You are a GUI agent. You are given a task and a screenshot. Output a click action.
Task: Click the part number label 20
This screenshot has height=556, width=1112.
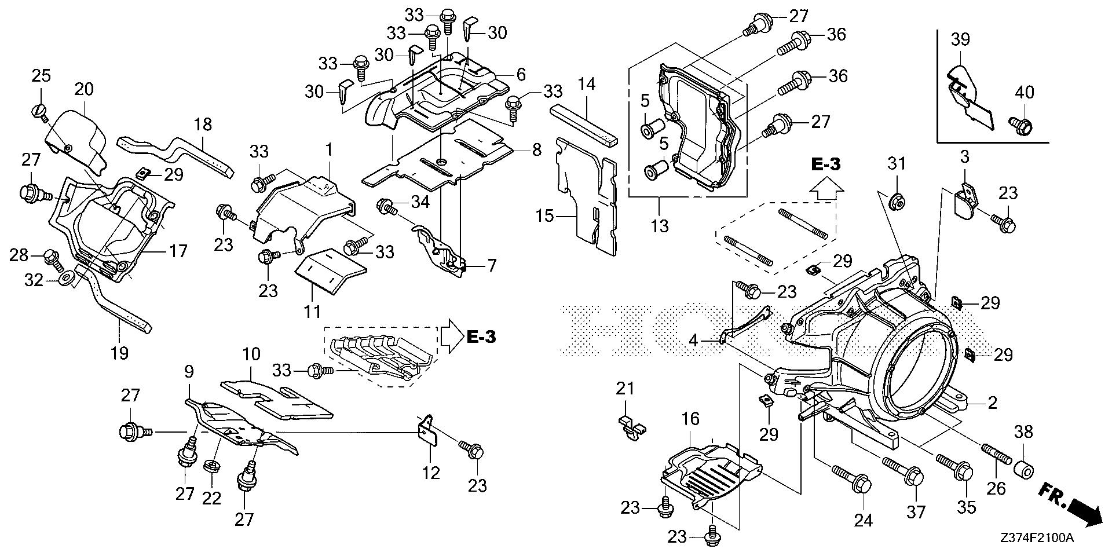click(x=84, y=89)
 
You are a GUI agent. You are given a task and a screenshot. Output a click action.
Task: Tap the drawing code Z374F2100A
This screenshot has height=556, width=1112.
click(x=1037, y=538)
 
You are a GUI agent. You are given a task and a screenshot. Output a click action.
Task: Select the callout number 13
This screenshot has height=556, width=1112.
click(x=659, y=225)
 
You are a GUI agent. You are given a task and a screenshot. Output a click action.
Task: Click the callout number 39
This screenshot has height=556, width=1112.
click(x=960, y=40)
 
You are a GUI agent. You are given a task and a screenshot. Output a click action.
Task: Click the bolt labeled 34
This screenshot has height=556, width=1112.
click(x=387, y=206)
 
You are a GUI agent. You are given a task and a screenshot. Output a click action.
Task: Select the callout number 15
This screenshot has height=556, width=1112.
click(x=545, y=217)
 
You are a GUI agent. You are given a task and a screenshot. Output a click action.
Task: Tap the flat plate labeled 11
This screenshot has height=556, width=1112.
click(x=329, y=272)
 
